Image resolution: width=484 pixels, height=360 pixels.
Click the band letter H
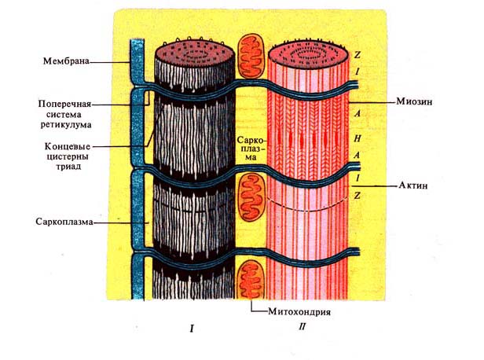[x=358, y=135]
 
